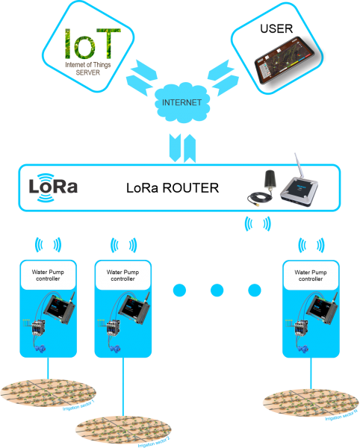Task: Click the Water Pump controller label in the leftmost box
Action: point(48,277)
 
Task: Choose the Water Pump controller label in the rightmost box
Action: point(310,277)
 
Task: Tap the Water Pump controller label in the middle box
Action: point(122,277)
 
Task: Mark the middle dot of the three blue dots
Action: point(217,290)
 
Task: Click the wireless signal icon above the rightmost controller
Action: point(310,244)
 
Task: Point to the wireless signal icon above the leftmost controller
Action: point(49,244)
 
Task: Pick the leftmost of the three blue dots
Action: point(179,290)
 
